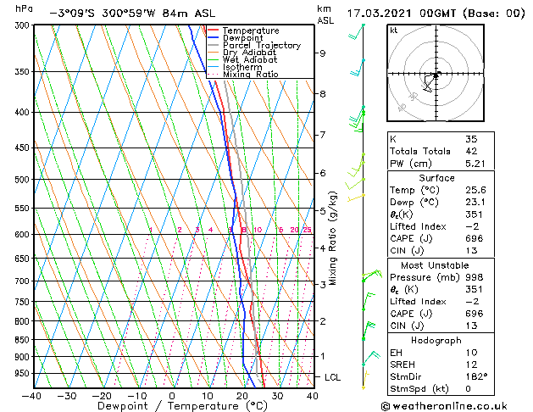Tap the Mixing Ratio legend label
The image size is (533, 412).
(x=250, y=75)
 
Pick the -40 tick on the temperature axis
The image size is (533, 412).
(x=32, y=395)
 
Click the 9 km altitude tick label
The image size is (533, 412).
(x=323, y=53)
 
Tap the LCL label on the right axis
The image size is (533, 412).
(x=334, y=377)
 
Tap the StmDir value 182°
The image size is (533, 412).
(x=475, y=376)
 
